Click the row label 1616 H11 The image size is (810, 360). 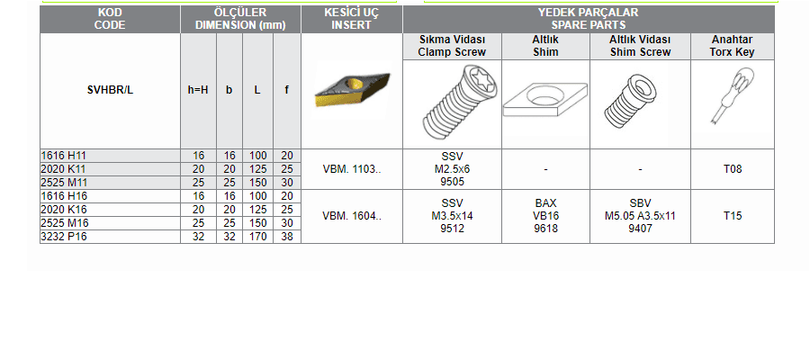pos(59,155)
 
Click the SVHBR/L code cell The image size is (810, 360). pos(110,90)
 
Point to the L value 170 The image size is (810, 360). pos(257,237)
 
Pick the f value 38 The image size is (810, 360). pos(287,237)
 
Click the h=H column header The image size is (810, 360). pos(198,90)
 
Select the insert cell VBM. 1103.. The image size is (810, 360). pos(351,169)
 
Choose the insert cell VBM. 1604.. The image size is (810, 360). pos(351,216)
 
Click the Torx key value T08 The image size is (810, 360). pos(733,169)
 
